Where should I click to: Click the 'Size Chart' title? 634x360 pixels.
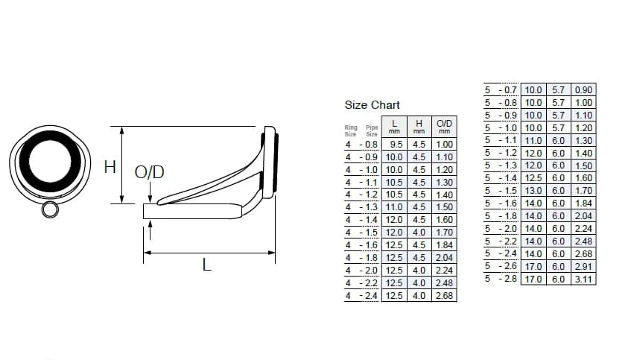(372, 105)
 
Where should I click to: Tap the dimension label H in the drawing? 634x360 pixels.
(110, 167)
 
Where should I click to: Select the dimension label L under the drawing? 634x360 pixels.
(206, 265)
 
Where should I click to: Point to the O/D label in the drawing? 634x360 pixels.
(150, 172)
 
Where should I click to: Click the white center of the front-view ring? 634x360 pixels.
(50, 162)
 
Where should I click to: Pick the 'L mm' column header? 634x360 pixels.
(394, 127)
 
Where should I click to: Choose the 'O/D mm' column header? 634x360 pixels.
(444, 127)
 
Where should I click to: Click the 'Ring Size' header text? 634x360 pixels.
(351, 130)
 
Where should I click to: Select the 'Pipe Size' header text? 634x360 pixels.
(372, 130)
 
